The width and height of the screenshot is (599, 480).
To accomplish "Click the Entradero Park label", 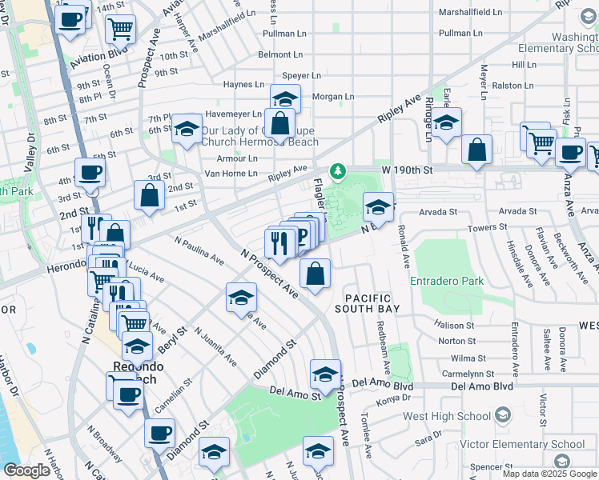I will coord(447,282).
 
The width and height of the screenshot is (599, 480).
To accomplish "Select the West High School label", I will coord(447,416).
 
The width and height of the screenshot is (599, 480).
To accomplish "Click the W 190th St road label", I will coord(406,170).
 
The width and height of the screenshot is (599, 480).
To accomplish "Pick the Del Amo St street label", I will coord(295,391).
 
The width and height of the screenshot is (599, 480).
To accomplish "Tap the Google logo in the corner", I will coord(26,470).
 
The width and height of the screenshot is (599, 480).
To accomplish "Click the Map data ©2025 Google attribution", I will coord(549,474).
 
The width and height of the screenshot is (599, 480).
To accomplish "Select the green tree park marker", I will coord(339,171).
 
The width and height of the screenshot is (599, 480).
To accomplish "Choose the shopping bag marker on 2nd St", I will coord(150,194).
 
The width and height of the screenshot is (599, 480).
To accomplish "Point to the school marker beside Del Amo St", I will coord(325,374).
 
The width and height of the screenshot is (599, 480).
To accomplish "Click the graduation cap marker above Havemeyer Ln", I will coord(284,99).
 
